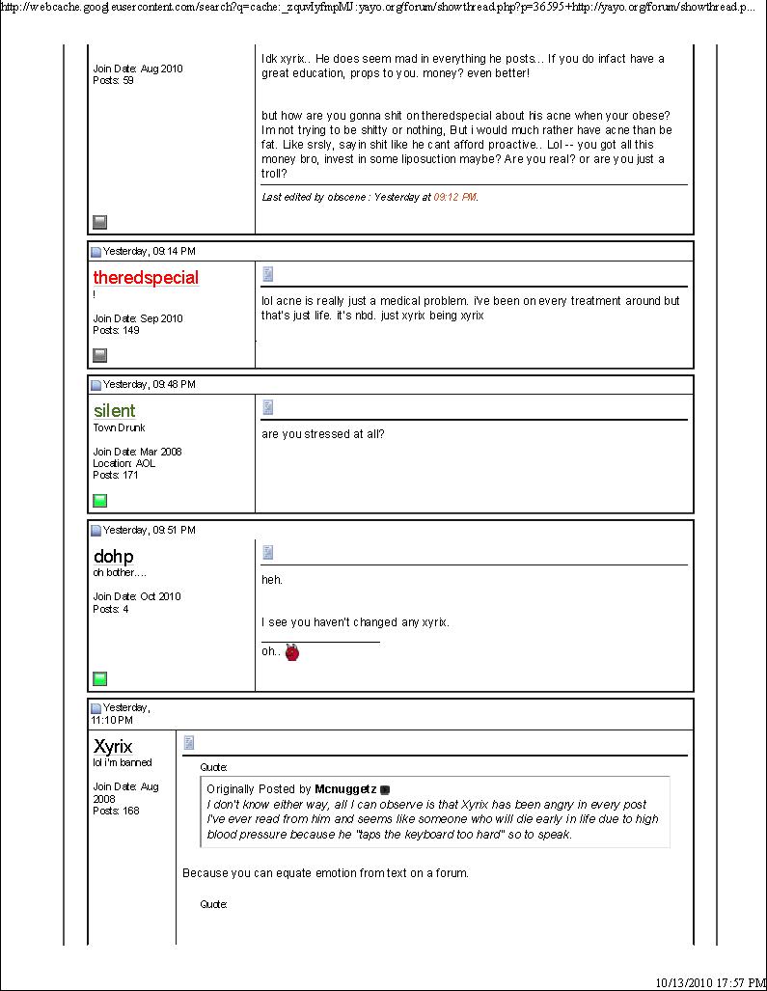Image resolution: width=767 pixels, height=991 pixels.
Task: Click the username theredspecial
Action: [x=146, y=278]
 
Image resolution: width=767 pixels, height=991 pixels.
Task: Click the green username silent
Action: [x=115, y=411]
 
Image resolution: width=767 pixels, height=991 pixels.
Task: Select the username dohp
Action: [x=114, y=557]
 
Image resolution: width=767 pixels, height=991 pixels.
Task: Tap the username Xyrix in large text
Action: [x=114, y=746]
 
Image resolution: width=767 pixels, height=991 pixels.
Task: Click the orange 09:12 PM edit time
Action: [x=454, y=197]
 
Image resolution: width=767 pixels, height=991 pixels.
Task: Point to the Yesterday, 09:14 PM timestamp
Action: [x=150, y=251]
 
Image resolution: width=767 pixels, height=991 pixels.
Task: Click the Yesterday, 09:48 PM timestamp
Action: [x=150, y=384]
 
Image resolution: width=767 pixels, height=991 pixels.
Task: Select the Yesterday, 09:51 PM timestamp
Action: [x=150, y=530]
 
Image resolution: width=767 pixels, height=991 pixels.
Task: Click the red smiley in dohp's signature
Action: [x=292, y=652]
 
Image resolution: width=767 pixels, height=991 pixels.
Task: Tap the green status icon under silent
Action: [x=99, y=500]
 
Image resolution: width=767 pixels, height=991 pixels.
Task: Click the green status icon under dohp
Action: [x=99, y=678]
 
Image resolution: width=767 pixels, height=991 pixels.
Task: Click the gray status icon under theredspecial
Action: [x=99, y=355]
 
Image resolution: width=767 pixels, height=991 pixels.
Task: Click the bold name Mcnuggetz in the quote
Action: [x=345, y=789]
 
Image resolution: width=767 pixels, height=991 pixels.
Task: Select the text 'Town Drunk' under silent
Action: [x=119, y=427]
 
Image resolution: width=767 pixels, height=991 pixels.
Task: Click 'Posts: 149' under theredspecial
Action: [x=116, y=330]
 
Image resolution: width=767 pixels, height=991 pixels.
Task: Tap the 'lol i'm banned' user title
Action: [x=123, y=762]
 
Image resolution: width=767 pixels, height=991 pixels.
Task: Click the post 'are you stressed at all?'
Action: [x=323, y=434]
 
